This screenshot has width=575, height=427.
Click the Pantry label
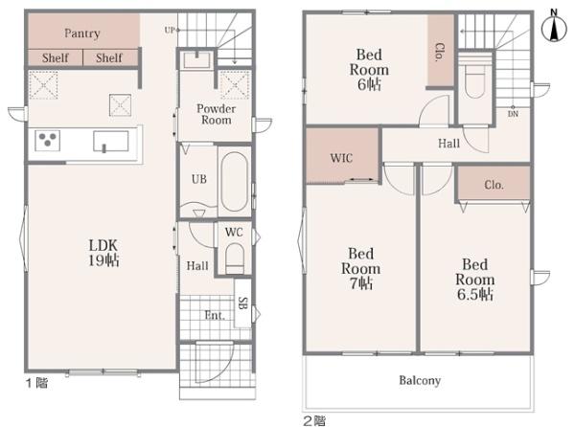point(82,34)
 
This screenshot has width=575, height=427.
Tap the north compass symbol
point(554,26)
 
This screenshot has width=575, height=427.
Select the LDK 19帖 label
point(103,253)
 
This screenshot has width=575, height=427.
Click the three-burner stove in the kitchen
point(47,140)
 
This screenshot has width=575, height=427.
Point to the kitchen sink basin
point(111,142)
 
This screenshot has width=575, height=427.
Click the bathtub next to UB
point(235,182)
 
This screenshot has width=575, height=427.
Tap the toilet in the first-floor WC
point(235,258)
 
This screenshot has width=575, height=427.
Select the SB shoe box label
point(242,303)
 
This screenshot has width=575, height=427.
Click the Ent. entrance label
point(215,315)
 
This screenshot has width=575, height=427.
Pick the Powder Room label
point(216,114)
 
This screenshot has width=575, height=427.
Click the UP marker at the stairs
point(170,31)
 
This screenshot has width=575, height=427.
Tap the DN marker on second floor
point(513,114)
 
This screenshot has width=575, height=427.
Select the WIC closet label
point(341,158)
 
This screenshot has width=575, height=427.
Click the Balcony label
point(420,380)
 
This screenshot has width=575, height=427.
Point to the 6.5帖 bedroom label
point(475,280)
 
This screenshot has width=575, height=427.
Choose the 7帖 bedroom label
point(361,268)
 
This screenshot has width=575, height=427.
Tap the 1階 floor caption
point(36,383)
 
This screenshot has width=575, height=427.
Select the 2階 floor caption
point(314,420)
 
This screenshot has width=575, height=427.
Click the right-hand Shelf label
point(109,57)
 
